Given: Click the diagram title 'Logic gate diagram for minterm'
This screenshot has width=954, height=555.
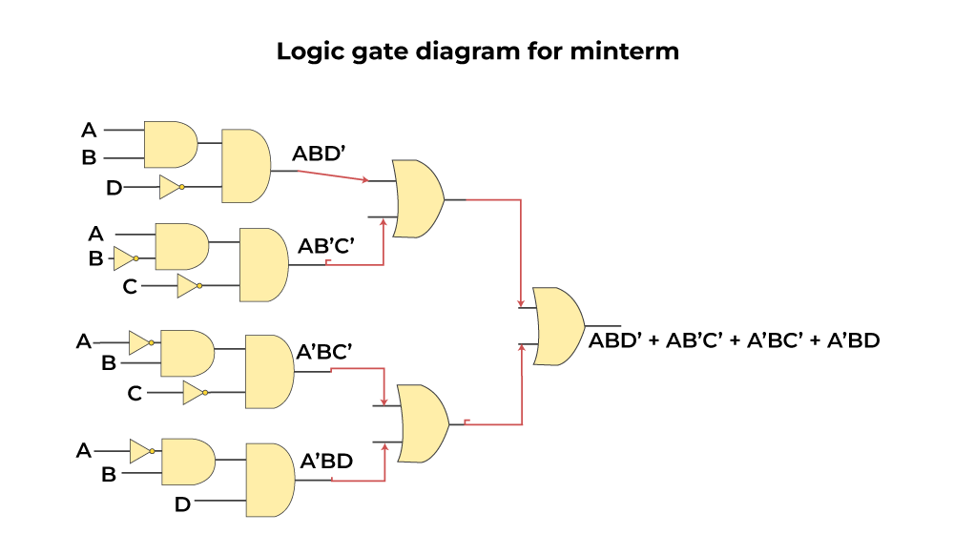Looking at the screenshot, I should (x=477, y=51).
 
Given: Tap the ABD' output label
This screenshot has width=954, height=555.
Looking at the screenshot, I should (x=319, y=153).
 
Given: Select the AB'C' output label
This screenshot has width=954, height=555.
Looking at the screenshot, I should (x=326, y=247).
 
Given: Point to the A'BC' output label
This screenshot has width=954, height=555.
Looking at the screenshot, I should (x=324, y=353).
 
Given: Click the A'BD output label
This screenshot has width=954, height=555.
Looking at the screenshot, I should (x=326, y=462).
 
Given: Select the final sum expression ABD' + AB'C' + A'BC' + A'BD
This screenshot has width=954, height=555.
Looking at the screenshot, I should (x=734, y=339).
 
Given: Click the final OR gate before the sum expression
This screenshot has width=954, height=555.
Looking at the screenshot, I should (x=558, y=326).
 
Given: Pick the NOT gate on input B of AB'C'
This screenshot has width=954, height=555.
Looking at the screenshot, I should (x=125, y=258).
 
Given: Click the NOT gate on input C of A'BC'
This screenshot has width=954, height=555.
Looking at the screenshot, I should (x=195, y=393).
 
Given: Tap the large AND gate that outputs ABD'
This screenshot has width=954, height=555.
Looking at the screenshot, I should (x=245, y=166).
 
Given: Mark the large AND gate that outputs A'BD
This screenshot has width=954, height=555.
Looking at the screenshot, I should (x=270, y=479).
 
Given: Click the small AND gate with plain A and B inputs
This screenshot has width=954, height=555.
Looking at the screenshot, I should (x=170, y=144).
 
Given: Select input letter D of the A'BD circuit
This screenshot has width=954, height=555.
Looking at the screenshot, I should (x=182, y=504).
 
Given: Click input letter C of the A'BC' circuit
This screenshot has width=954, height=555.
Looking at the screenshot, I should (x=135, y=393).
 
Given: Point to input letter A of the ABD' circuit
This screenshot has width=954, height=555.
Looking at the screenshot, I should (x=90, y=130).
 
